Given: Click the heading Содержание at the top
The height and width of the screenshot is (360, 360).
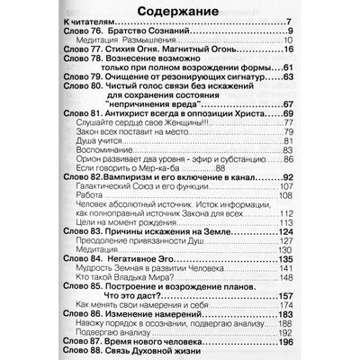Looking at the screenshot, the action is [180, 12].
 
